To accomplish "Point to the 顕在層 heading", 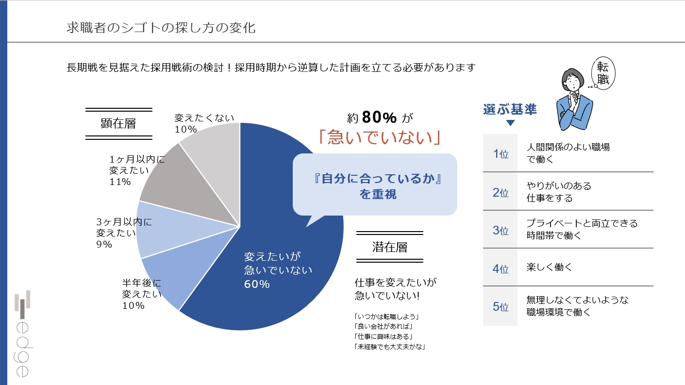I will click(x=118, y=123).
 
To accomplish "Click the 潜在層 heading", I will click(x=390, y=247).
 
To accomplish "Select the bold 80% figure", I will click(x=379, y=117).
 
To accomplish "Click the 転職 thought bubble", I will click(x=603, y=73).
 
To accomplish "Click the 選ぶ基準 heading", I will click(x=510, y=109).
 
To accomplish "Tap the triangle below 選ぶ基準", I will click(x=510, y=123).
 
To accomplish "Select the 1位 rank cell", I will click(x=500, y=154).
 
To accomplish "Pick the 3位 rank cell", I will click(x=500, y=230).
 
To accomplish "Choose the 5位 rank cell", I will click(x=500, y=306).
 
